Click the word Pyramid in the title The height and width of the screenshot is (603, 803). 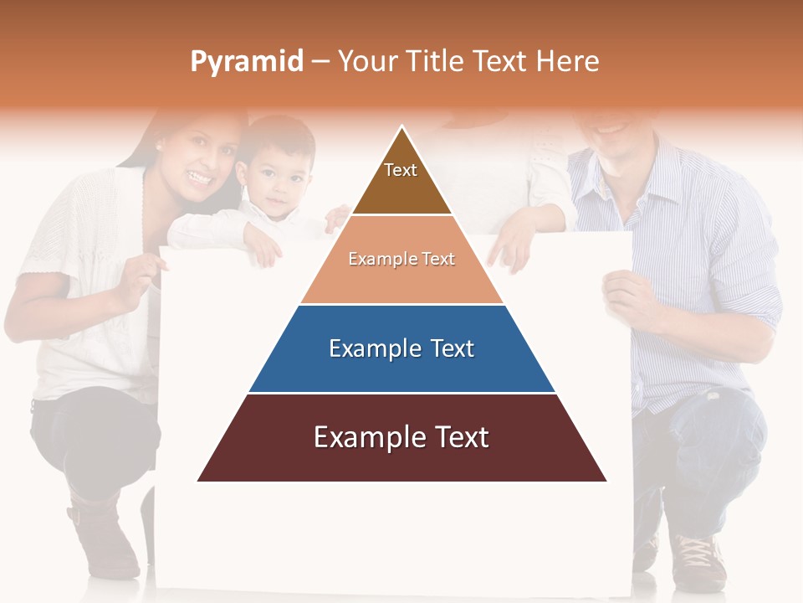tap(247, 61)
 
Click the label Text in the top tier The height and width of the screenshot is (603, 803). tap(401, 170)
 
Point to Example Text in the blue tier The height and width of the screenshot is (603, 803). tap(401, 348)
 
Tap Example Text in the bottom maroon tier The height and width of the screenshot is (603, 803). tap(401, 437)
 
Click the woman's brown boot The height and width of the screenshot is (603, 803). tap(105, 536)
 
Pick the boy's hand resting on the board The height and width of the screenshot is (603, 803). tap(263, 247)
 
